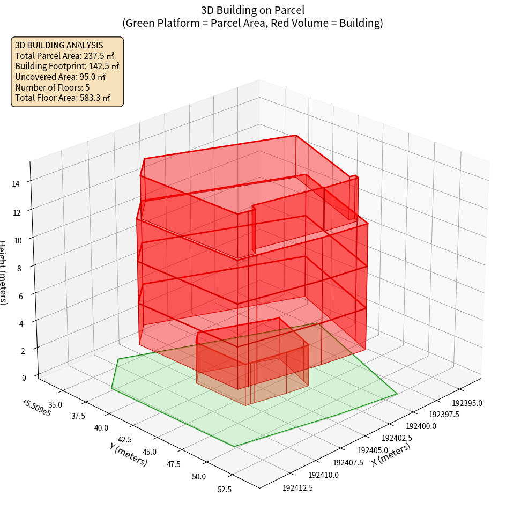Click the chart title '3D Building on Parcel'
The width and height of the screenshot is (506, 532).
[252, 10]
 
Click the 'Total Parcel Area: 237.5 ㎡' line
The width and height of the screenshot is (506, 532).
[64, 56]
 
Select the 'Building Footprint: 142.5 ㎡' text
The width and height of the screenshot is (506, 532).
[67, 66]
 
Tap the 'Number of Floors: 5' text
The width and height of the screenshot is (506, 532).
[52, 87]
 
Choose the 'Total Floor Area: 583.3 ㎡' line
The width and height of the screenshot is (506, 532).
[63, 98]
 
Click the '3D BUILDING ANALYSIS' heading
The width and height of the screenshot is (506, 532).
[59, 45]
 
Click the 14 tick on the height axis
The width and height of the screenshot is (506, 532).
[16, 184]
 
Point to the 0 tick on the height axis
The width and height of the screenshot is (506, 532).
[24, 378]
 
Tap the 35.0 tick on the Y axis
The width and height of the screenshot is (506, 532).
[56, 404]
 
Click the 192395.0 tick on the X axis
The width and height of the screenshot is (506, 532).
[467, 403]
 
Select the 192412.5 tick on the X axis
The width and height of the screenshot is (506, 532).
[297, 488]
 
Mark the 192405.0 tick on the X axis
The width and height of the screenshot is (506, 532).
[373, 450]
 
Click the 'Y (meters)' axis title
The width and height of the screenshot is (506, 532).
[128, 454]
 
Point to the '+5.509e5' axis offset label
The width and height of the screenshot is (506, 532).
[36, 408]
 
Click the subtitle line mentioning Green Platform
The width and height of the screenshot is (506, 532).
[252, 23]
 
